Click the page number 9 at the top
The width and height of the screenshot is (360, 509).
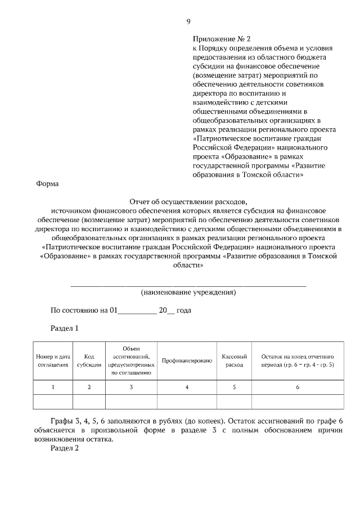pos(188,22)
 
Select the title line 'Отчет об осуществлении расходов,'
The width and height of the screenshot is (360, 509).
pos(188,201)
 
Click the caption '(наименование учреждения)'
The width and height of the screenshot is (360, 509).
pos(188,292)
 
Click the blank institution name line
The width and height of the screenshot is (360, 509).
pos(188,285)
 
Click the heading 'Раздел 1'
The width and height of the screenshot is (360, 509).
pos(64,328)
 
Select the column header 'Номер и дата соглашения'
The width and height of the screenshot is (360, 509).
pos(53,360)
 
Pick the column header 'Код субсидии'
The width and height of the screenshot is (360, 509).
pos(89,360)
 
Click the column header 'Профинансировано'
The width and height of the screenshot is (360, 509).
pos(187,360)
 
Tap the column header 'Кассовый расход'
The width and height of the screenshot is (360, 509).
pos(235,360)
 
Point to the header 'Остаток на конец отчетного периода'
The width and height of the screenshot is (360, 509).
pos(298,360)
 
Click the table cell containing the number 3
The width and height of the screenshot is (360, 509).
pos(131,387)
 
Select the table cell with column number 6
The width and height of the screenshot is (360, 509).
pos(298,387)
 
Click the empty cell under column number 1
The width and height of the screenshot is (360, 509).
pos(53,402)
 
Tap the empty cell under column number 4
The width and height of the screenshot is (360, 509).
pos(187,402)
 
